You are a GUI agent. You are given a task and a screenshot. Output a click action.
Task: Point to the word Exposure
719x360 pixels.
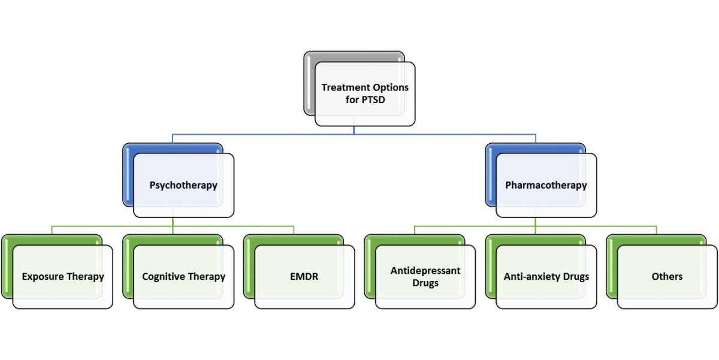click(43, 277)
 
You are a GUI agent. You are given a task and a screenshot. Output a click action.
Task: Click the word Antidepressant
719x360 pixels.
click(425, 271)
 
